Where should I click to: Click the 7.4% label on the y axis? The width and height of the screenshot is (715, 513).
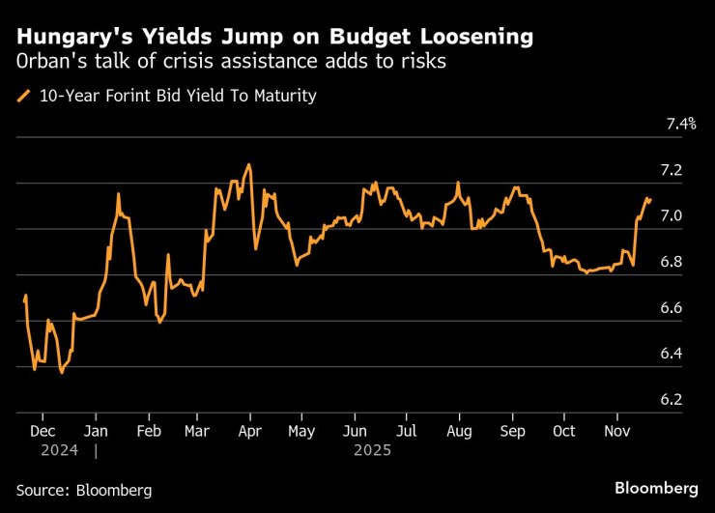coord(681,125)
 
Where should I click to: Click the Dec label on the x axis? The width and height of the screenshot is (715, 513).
coord(43,431)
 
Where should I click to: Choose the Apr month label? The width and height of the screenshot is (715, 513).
coord(250,431)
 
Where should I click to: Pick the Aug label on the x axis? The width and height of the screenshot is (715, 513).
coord(460,431)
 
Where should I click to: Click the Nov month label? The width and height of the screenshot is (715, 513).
coord(617,431)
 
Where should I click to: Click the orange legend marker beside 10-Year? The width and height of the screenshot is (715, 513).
coord(23,96)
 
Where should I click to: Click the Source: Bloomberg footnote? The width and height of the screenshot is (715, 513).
coord(84,490)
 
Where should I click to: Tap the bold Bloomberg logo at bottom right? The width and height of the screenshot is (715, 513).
coord(656,489)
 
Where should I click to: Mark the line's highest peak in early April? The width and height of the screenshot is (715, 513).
coord(249,165)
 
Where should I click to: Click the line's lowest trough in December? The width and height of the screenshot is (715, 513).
coord(62,372)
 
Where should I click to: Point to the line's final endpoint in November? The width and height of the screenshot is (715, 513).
coord(650,200)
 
